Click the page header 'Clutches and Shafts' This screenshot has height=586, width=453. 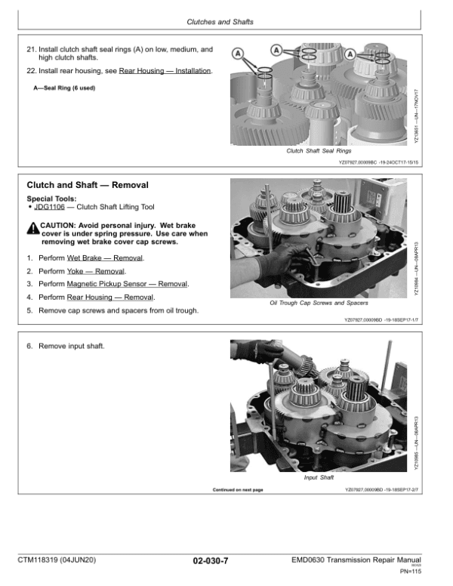[x=226, y=22]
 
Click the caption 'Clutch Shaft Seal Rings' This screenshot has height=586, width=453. [x=319, y=151]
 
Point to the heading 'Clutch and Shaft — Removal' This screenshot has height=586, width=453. [x=88, y=185]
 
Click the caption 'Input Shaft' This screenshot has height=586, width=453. [x=319, y=477]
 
